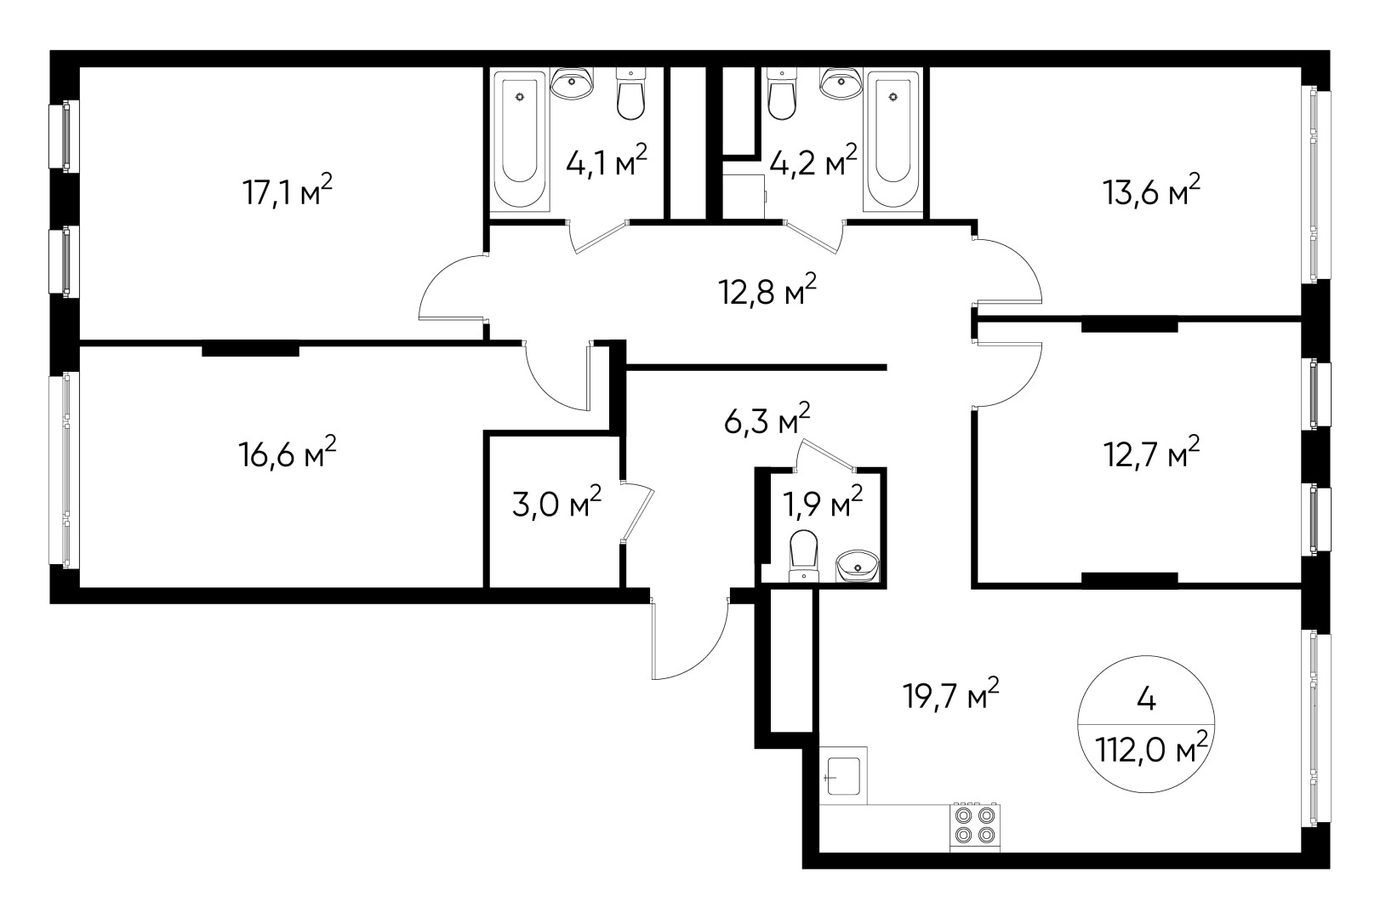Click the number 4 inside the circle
1145,699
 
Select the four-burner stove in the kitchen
974,825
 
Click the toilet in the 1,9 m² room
803,553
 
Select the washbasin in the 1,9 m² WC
858,565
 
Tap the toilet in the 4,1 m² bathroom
630,95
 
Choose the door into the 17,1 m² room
451,289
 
